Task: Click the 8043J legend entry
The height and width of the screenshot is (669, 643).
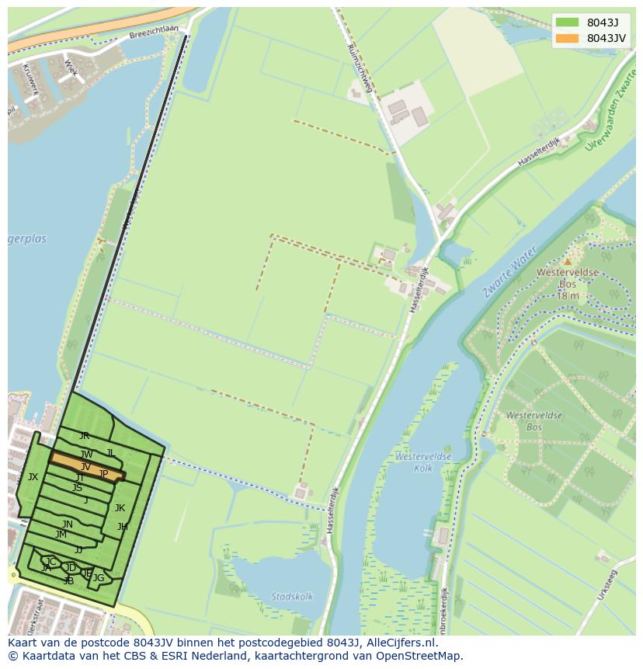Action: pyautogui.click(x=602, y=23)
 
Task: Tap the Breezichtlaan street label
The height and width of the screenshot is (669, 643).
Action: pyautogui.click(x=155, y=30)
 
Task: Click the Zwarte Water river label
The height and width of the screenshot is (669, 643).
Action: pyautogui.click(x=509, y=272)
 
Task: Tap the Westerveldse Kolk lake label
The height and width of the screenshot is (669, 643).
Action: pyautogui.click(x=423, y=462)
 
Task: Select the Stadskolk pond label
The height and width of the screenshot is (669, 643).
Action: pyautogui.click(x=292, y=596)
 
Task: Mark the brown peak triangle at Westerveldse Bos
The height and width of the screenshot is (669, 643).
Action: pyautogui.click(x=568, y=261)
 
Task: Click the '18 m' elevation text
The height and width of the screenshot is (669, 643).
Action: pyautogui.click(x=568, y=296)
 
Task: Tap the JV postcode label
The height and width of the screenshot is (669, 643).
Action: pyautogui.click(x=85, y=467)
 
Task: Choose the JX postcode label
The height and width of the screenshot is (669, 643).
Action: pyautogui.click(x=33, y=477)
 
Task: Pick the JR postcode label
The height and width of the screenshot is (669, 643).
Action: pyautogui.click(x=84, y=436)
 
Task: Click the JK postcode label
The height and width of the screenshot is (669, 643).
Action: pyautogui.click(x=120, y=508)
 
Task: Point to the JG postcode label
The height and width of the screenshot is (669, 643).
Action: pyautogui.click(x=99, y=578)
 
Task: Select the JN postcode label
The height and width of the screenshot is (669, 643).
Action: pyautogui.click(x=68, y=524)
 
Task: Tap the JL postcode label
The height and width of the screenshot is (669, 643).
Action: pyautogui.click(x=111, y=453)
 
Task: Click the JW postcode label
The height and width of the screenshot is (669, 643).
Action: pyautogui.click(x=86, y=455)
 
